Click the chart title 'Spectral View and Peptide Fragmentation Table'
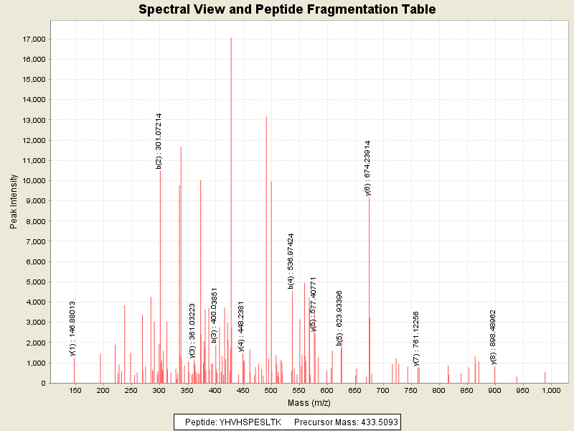pyautogui.click(x=287, y=9)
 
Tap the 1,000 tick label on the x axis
pyautogui.click(x=551, y=390)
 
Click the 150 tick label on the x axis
pyautogui.click(x=75, y=390)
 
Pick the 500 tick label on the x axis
pyautogui.click(x=270, y=390)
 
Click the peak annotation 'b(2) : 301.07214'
pyautogui.click(x=159, y=141)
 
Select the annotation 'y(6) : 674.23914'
pyautogui.click(x=368, y=167)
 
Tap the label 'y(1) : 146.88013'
pyautogui.click(x=72, y=328)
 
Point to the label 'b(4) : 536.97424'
pyautogui.click(x=291, y=261)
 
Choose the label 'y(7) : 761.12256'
pyautogui.click(x=416, y=338)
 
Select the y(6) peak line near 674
pyautogui.click(x=370, y=287)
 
